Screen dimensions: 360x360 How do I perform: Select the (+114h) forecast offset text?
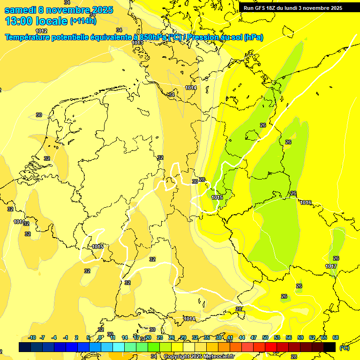tap(83, 21)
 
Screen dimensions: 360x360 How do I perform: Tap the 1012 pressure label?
tap(41, 31)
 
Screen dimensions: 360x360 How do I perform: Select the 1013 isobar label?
tap(137, 43)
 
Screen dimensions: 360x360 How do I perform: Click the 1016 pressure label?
tap(306, 202)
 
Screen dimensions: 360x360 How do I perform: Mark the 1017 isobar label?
tap(331, 266)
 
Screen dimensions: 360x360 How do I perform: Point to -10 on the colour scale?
tap(32, 337)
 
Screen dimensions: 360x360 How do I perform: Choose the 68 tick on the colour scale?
tap(336, 337)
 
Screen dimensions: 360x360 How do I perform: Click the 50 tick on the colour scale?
tap(265, 337)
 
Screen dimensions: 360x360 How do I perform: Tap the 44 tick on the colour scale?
tap(242, 337)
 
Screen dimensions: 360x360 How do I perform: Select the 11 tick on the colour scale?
tap(113, 337)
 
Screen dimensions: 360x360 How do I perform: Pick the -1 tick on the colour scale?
tap(66, 337)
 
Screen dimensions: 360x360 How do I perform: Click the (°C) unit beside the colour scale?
tap(345, 347)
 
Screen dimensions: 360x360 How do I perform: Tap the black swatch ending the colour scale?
tap(330, 347)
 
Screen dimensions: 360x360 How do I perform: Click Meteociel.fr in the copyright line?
tap(222, 357)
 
